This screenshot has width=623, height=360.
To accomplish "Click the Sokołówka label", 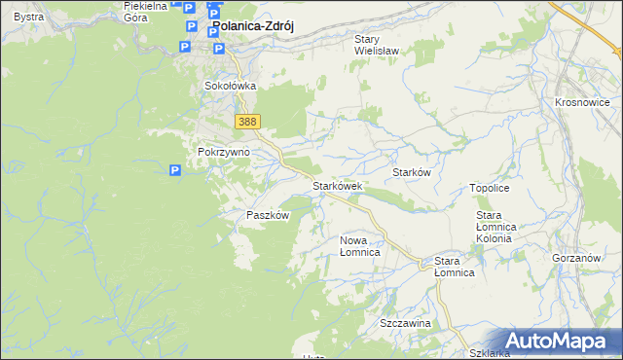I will pos(230,86).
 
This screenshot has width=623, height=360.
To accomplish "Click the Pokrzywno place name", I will pos(224,152).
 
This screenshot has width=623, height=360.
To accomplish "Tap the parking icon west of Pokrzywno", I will pos(175,171).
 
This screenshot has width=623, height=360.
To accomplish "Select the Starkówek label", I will pos(337,185).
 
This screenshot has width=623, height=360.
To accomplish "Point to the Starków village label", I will pos(411,171).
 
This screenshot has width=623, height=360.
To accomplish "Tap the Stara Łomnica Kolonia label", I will pos(500,226).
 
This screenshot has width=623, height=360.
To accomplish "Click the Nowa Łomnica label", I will pos(359,245).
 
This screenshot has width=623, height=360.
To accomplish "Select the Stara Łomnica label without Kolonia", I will pos(454,267).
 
